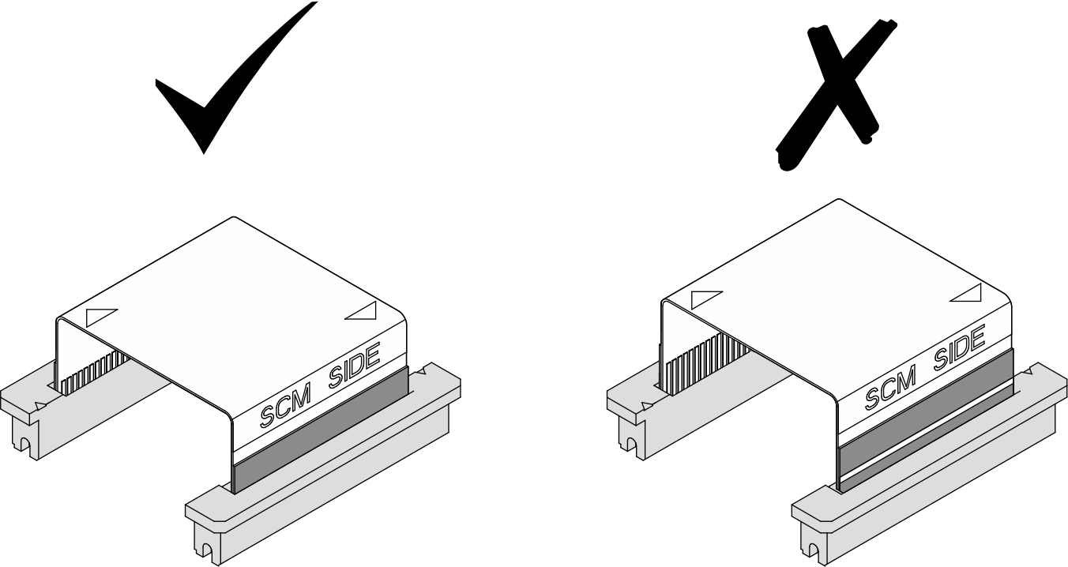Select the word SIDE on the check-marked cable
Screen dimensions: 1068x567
(x=354, y=366)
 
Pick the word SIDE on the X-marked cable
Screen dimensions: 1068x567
(x=959, y=348)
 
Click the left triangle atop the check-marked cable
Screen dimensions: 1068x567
(x=102, y=317)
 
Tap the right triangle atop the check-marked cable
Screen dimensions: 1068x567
(x=361, y=310)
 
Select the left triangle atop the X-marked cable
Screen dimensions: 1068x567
(x=706, y=300)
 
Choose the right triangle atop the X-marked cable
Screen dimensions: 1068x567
(x=966, y=293)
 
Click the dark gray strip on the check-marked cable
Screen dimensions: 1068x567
(x=321, y=429)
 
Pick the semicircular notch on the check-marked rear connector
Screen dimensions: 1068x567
(x=21, y=444)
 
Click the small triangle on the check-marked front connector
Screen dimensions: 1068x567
(x=422, y=370)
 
